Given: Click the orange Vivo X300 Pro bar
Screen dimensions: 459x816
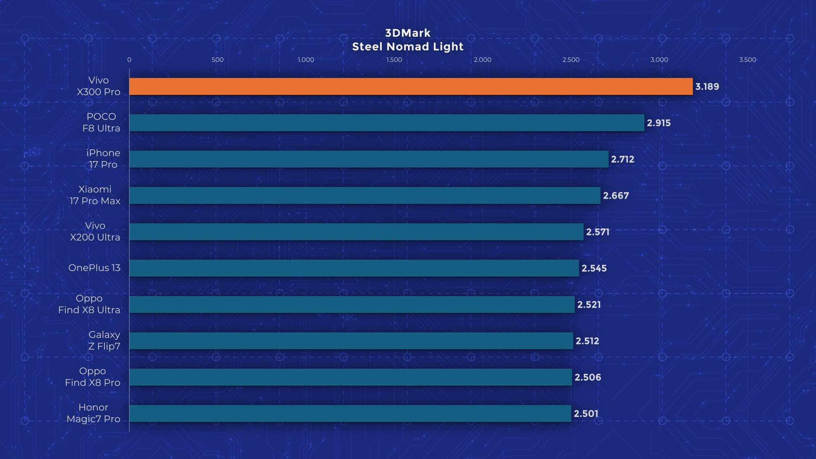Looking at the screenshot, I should pyautogui.click(x=411, y=87).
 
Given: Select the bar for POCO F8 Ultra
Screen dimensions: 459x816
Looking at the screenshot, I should pyautogui.click(x=386, y=123).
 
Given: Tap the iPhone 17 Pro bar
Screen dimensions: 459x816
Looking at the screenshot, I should pyautogui.click(x=369, y=159).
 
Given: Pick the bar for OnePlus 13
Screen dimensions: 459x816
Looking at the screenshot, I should pyautogui.click(x=354, y=268).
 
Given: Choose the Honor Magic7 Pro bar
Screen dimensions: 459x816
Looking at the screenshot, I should pyautogui.click(x=350, y=413).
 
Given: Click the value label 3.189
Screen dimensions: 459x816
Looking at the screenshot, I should pyautogui.click(x=707, y=87).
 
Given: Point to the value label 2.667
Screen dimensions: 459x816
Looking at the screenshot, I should pyautogui.click(x=616, y=196).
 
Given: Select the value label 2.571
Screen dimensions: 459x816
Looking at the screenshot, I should pyautogui.click(x=597, y=232).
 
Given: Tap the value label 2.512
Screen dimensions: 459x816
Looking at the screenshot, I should pyautogui.click(x=587, y=341).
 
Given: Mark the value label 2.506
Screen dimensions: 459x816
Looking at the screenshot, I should pyautogui.click(x=588, y=377).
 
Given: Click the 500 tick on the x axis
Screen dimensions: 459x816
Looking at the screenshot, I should pyautogui.click(x=217, y=60).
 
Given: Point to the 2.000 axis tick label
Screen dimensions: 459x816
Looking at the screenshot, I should pyautogui.click(x=482, y=60).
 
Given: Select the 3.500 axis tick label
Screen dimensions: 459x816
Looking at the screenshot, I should pyautogui.click(x=747, y=60).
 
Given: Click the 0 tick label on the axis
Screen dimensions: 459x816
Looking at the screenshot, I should pyautogui.click(x=129, y=60).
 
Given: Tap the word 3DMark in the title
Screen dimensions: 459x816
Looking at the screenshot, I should pyautogui.click(x=408, y=33).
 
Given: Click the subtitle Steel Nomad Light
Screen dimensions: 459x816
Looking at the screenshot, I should pyautogui.click(x=408, y=47).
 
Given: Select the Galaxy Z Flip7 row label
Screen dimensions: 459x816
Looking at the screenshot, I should pyautogui.click(x=104, y=340).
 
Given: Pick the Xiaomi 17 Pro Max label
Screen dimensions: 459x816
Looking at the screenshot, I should pyautogui.click(x=95, y=195).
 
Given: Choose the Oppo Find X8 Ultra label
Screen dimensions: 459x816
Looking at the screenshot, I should pyautogui.click(x=89, y=304).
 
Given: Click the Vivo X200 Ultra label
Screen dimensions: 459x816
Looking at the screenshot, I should pyautogui.click(x=95, y=231).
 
